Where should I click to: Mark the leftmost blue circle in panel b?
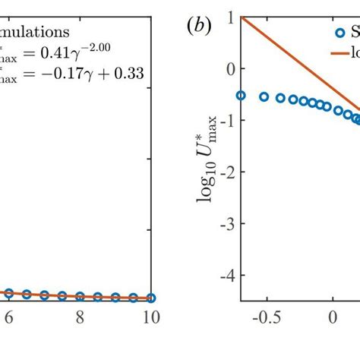[x=241, y=96]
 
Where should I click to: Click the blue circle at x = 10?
[x=151, y=298]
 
